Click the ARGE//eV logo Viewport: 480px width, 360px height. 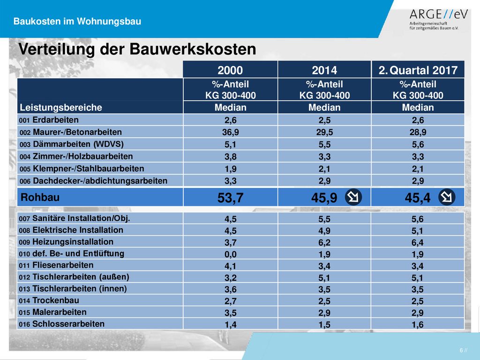(x=438, y=19)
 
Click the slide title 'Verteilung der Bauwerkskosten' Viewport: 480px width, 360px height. (x=137, y=49)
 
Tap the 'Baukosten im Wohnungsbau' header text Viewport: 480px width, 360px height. (x=77, y=22)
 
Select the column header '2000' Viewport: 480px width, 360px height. (x=230, y=70)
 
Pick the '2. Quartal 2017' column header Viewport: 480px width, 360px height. (x=418, y=70)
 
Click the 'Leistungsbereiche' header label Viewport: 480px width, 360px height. (x=61, y=107)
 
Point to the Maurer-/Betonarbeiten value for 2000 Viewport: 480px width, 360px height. (x=231, y=132)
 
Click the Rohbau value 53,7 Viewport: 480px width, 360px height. (x=231, y=198)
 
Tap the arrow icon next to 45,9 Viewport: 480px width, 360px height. (x=353, y=197)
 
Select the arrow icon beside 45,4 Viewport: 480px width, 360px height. (x=447, y=197)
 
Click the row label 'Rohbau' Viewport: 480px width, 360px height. (x=40, y=197)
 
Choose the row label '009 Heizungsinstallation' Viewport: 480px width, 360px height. (x=66, y=242)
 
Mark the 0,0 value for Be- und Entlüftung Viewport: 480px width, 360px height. (x=231, y=254)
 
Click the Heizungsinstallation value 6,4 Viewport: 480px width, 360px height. (x=418, y=242)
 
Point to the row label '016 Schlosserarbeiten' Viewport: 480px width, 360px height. (x=62, y=324)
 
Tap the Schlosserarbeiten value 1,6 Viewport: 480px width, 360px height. (x=418, y=324)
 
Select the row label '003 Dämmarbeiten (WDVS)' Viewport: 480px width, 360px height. (x=72, y=144)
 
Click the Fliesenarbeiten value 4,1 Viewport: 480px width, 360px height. (x=231, y=266)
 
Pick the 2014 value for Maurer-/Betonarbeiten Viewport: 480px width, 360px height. (x=324, y=132)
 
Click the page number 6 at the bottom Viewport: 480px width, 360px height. (x=461, y=350)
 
